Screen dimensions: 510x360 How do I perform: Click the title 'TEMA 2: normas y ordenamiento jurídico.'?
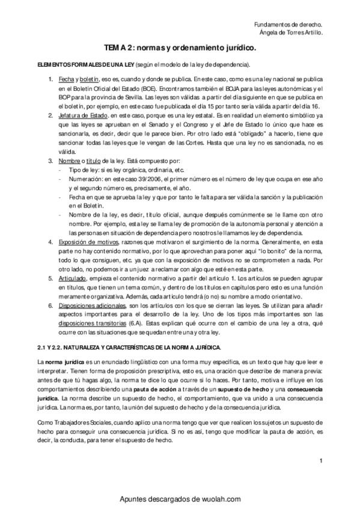(180, 47)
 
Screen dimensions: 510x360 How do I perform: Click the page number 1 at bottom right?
(322, 461)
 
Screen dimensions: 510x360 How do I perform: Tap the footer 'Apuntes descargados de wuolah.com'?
(180, 500)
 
